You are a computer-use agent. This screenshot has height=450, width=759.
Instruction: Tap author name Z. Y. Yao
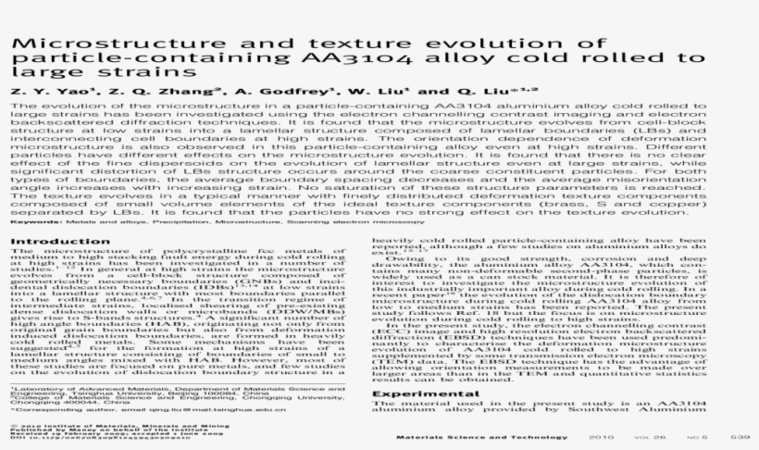tap(47, 93)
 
